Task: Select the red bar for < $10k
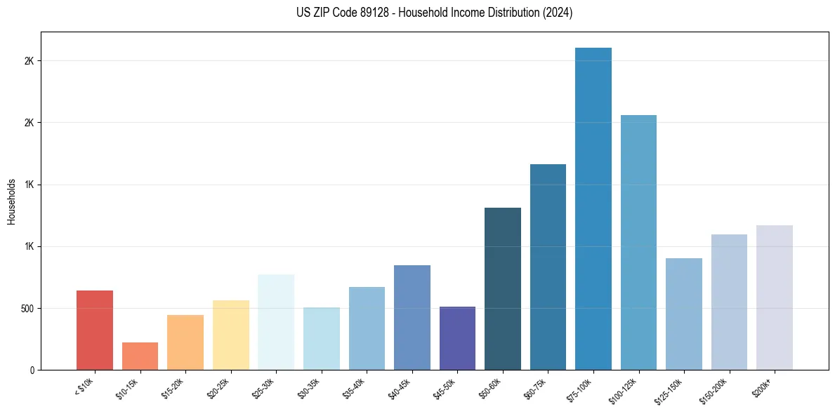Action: [95, 330]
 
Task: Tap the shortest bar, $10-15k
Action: [140, 356]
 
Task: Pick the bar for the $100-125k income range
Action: [638, 242]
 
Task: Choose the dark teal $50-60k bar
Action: [503, 288]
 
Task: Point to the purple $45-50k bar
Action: [457, 338]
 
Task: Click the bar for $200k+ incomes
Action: [774, 298]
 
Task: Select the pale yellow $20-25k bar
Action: [230, 335]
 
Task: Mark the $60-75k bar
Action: [548, 267]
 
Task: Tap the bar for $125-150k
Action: [683, 314]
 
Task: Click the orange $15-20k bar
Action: [185, 342]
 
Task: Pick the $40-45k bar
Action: [412, 317]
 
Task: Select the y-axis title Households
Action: [12, 201]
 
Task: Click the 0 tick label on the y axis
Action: [32, 370]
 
